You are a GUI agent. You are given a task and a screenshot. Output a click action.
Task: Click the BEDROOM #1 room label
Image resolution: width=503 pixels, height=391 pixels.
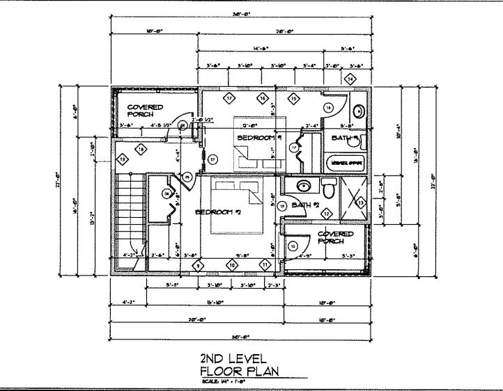click(x=258, y=138)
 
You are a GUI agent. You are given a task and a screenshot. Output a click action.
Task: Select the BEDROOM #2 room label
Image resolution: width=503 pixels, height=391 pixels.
click(x=218, y=212)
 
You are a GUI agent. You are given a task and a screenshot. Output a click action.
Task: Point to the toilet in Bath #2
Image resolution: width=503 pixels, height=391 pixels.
click(x=330, y=188)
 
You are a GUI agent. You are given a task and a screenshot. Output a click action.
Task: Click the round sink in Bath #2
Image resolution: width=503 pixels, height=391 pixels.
click(x=304, y=185)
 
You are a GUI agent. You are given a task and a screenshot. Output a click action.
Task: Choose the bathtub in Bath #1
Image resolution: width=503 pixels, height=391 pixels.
click(x=346, y=162)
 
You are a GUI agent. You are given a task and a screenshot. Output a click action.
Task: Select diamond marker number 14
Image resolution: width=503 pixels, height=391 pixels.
click(x=350, y=79)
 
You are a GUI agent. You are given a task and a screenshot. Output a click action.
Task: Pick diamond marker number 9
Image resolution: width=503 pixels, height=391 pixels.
click(x=198, y=264)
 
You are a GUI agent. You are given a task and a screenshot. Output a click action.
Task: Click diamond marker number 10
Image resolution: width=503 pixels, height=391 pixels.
click(x=232, y=264)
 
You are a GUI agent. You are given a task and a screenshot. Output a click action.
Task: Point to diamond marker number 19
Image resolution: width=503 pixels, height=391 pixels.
click(x=123, y=160)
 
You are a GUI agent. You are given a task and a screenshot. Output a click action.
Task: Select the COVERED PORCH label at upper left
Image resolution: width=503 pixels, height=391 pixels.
click(x=144, y=111)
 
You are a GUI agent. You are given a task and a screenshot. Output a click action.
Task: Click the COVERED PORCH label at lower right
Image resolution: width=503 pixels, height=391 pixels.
click(x=335, y=237)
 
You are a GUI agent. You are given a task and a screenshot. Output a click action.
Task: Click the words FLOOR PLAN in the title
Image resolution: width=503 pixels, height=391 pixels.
click(x=239, y=371)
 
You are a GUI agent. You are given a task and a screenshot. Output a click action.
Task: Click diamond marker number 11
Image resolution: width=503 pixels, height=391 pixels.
click(x=265, y=264)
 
